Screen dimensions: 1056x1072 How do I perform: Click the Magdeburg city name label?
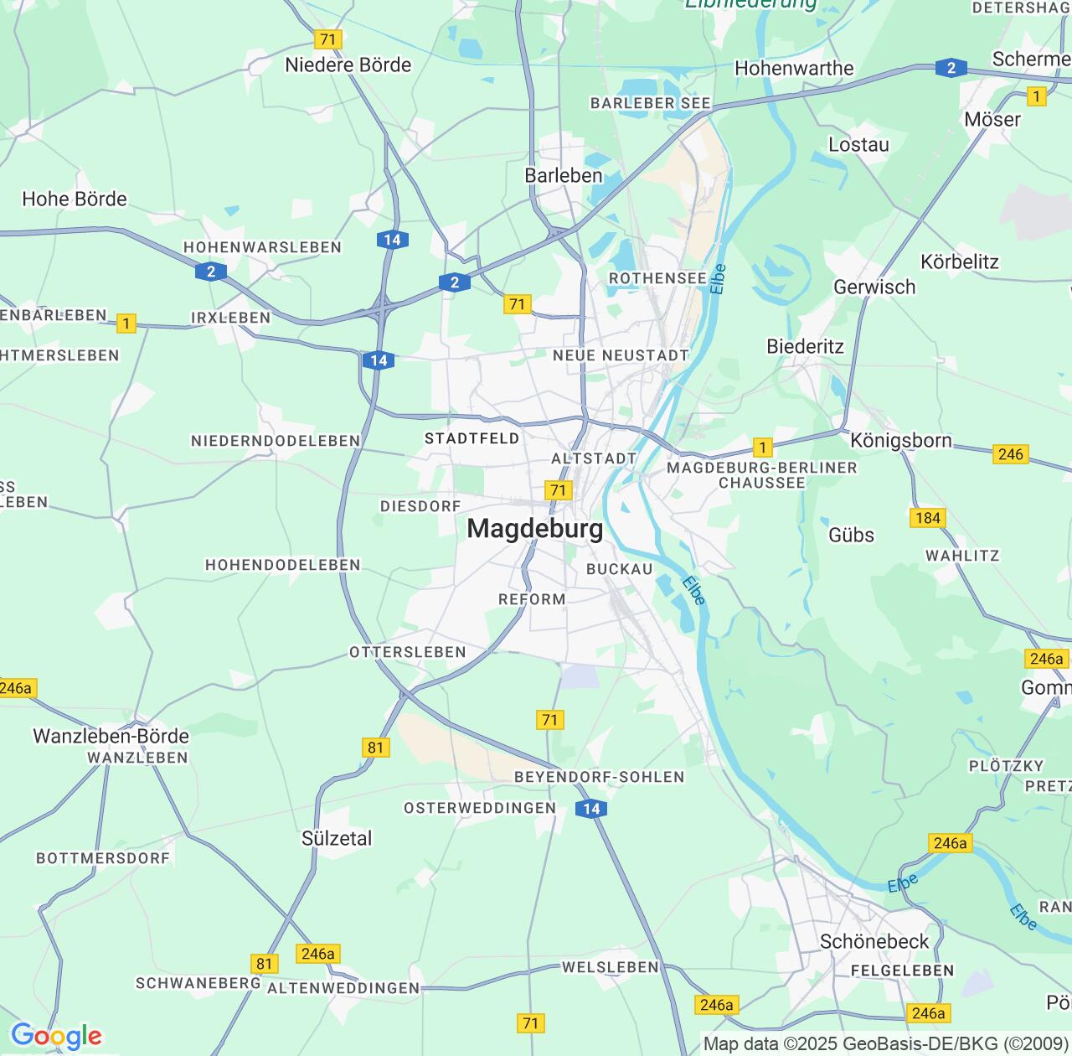(x=534, y=529)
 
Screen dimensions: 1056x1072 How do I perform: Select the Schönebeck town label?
(x=874, y=941)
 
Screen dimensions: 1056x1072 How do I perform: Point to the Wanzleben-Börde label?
(x=111, y=736)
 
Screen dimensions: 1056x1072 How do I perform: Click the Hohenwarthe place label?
(x=793, y=69)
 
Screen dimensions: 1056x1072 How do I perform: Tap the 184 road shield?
(x=927, y=518)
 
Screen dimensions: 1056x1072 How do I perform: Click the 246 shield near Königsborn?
(x=1010, y=454)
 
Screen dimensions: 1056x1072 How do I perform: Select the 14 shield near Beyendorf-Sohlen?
(x=591, y=809)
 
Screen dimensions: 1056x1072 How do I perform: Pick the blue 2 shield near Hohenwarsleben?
(x=211, y=272)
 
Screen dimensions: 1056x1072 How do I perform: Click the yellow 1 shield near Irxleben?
(x=126, y=324)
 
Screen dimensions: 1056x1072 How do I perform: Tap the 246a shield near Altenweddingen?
(x=317, y=954)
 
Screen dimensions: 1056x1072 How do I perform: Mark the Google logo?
(x=56, y=1036)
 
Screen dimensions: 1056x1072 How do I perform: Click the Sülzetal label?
(x=337, y=838)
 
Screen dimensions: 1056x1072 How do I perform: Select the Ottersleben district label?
(x=407, y=652)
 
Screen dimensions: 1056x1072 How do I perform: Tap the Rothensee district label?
(x=657, y=278)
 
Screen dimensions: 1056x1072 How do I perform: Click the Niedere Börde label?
(x=348, y=65)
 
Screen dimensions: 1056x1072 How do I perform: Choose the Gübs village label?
(x=851, y=535)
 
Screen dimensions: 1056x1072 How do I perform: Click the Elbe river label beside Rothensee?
(x=718, y=279)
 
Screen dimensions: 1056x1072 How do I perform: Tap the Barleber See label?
(x=650, y=103)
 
